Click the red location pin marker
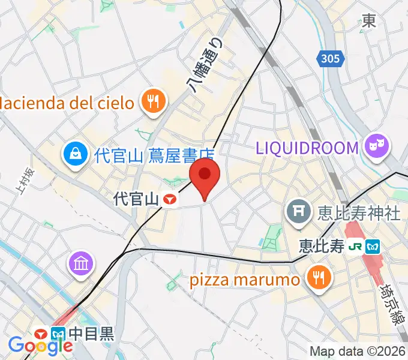(205, 175)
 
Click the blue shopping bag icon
(76, 156)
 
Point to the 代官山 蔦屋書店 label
(155, 156)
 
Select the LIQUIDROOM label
(307, 147)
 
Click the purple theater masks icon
(377, 146)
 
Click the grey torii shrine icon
(298, 212)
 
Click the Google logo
(40, 345)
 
